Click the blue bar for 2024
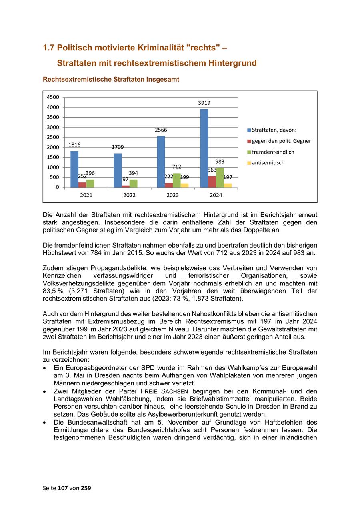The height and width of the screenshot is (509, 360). coord(204,148)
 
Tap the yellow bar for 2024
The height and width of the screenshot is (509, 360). coord(228,185)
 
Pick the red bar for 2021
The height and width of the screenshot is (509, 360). coord(82,185)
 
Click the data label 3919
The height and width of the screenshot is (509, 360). coord(204,103)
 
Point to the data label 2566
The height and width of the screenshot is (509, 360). coord(161,130)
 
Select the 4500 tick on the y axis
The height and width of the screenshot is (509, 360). coord(53,97)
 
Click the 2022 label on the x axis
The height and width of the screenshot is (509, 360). coord(129,195)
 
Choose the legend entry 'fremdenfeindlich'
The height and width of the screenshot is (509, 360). coord(273,152)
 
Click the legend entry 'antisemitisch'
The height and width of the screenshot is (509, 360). coord(268,163)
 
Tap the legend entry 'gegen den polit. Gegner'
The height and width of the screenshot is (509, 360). coord(281,141)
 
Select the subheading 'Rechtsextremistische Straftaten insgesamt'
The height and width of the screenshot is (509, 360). coord(111,80)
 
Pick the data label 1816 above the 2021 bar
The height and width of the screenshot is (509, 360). coord(74,145)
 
